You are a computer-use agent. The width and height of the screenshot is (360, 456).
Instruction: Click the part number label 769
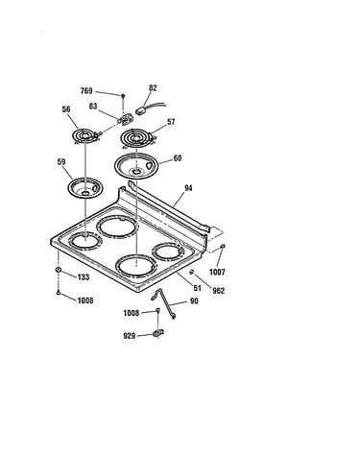coord(86,91)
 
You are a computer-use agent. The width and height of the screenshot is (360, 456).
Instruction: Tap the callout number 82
coord(153,88)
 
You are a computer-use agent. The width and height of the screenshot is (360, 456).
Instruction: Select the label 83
coord(93,106)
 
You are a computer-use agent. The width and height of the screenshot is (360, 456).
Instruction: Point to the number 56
coord(66,109)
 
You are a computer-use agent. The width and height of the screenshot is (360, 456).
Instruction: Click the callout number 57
coord(171,122)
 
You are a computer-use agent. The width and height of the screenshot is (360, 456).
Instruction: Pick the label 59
coord(61,162)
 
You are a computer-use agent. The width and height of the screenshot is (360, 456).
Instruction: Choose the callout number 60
coord(178,158)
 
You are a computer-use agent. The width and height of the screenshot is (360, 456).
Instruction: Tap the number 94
coord(188,188)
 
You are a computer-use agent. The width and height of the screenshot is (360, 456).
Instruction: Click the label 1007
coord(217,272)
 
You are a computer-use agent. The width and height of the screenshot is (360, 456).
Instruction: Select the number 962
coord(219,291)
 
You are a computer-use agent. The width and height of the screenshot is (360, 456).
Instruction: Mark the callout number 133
coord(84,277)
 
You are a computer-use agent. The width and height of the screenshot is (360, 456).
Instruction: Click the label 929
coord(130,336)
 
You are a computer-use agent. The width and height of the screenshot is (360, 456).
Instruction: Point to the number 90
coord(194,301)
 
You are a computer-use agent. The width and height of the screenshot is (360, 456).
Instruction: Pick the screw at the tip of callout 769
coord(123,95)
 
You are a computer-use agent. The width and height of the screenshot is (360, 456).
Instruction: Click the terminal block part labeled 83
coord(126,120)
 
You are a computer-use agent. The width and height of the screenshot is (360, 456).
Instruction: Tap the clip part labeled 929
coord(157,334)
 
